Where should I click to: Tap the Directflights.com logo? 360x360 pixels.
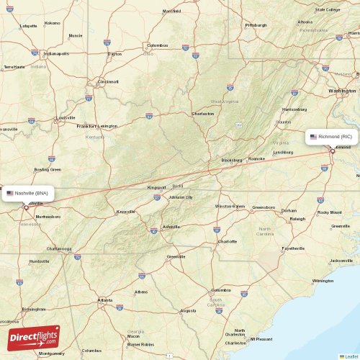34,337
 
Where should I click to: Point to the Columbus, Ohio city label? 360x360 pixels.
157,45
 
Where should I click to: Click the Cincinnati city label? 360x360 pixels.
108,81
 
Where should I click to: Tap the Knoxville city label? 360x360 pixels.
126,212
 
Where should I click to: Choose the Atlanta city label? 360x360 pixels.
105,300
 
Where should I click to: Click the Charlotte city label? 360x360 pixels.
228,241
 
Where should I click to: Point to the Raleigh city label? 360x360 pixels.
297,219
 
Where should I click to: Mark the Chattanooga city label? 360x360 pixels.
58,248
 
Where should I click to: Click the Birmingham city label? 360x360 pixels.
34,309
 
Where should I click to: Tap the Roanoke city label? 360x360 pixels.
256,158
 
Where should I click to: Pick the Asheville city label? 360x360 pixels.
171,226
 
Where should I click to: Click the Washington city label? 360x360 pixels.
341,91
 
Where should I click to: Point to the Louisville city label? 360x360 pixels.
65,117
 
